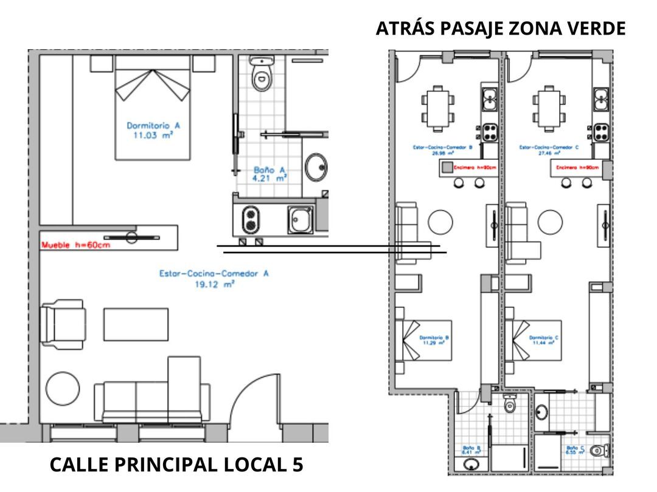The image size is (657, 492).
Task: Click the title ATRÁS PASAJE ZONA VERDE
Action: point(500,29)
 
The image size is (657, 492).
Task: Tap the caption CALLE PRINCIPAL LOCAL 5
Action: point(176,465)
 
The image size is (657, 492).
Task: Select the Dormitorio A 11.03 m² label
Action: point(153,131)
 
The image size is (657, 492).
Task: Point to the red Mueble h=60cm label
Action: point(76,245)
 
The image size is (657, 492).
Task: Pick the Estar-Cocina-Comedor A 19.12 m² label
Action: point(214,278)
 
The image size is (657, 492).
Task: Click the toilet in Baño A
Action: point(262,75)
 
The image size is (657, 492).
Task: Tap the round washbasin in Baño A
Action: point(316,167)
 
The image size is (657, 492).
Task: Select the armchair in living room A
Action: point(63,325)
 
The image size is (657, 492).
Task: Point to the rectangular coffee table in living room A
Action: point(136,324)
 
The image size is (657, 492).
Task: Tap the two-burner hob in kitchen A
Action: point(249,219)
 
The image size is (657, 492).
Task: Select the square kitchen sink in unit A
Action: point(301,219)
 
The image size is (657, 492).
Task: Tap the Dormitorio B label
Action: point(434,340)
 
